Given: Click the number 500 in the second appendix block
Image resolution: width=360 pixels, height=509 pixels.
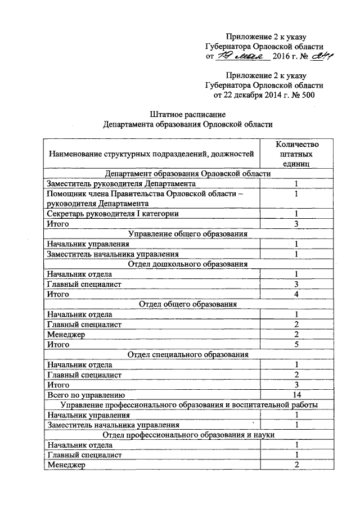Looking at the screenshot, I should point(307,94).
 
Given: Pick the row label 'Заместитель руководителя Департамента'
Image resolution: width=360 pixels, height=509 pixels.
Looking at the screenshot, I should point(121,183).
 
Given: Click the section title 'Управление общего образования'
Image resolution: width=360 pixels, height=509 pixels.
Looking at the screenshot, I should point(188,234).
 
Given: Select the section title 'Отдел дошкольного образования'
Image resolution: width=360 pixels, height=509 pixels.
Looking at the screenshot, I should point(188,264).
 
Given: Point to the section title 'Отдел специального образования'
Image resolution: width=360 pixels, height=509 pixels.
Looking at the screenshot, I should point(188,354).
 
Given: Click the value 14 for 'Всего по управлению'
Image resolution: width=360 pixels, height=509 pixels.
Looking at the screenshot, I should point(296,395).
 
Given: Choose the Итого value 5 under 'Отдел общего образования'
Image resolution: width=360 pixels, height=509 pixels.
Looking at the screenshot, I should point(296,344).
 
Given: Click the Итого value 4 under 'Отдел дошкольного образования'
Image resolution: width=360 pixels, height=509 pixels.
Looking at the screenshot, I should point(296,294).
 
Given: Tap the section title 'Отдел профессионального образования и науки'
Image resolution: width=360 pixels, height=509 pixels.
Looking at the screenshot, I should point(188,435).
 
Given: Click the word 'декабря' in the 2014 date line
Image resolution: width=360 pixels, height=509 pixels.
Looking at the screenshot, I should point(249,94).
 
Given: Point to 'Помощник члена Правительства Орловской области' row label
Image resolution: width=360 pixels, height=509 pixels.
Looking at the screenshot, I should point(146,193).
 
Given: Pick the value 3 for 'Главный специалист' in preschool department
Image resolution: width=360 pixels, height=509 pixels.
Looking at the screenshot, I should point(296,284).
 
